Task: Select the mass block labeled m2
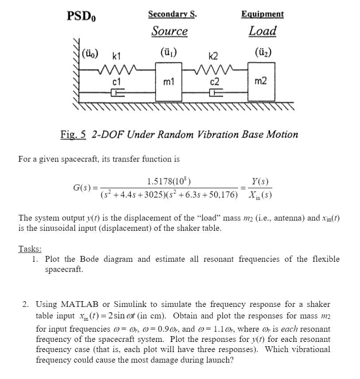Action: [x=261, y=81]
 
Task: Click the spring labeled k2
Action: [x=213, y=69]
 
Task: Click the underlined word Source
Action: [x=169, y=31]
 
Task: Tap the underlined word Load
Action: [x=262, y=31]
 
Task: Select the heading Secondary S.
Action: [x=172, y=14]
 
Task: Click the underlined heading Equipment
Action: [x=262, y=14]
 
